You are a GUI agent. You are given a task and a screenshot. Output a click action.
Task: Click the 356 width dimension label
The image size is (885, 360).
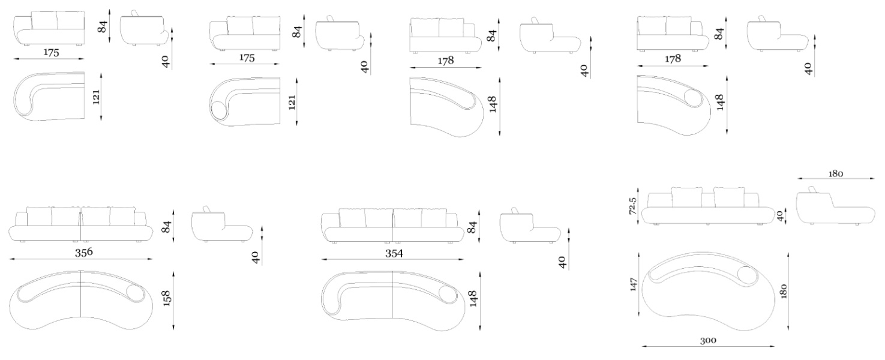click(84, 252)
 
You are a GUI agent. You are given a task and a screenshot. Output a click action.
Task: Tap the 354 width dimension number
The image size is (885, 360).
click(394, 253)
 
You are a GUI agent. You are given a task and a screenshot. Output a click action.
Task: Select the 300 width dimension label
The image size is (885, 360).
click(708, 341)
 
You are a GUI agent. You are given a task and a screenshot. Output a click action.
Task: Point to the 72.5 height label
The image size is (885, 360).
click(633, 206)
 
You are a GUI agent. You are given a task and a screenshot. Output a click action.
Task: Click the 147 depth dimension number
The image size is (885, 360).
click(634, 285)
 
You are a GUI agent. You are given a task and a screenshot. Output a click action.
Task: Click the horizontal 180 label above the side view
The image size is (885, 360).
click(836, 174)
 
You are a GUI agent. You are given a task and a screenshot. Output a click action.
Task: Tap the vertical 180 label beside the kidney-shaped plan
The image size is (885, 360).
click(784, 291)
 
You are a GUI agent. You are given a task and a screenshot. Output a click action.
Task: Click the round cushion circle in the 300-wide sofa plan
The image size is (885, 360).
click(746, 275)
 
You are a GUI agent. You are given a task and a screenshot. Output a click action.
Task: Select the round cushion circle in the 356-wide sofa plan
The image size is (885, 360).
click(135, 293)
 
